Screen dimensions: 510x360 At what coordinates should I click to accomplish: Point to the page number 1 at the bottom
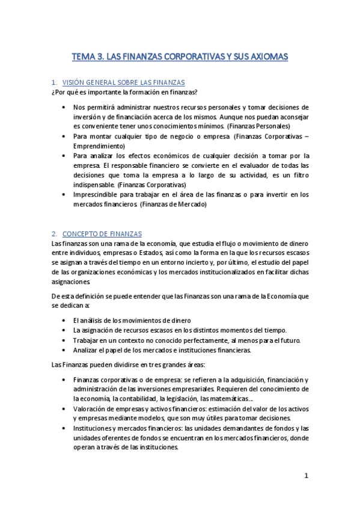(x=306, y=476)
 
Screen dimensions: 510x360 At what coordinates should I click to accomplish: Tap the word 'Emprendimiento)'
(x=99, y=146)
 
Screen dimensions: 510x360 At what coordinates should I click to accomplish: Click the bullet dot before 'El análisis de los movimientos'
(x=64, y=321)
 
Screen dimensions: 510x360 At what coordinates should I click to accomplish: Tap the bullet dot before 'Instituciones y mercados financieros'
(x=64, y=428)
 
